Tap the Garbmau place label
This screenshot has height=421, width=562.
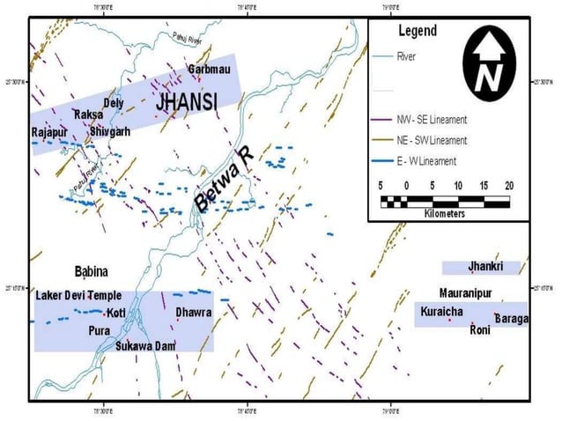(210, 70)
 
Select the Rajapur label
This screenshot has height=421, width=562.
(50, 132)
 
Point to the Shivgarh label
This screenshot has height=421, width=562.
(110, 132)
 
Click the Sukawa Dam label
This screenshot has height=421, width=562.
(146, 346)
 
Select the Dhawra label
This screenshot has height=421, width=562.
(193, 313)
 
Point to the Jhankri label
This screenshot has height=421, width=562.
(485, 265)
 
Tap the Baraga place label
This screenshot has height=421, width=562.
(511, 318)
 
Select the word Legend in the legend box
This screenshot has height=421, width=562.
(418, 31)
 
